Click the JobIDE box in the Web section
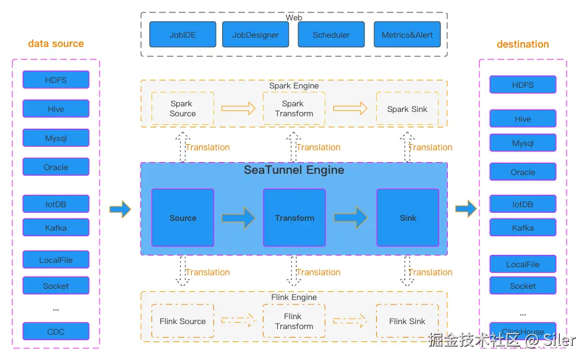click(182, 35)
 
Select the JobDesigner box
click(255, 35)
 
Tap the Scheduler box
click(331, 35)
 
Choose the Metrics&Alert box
click(407, 35)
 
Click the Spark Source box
click(182, 108)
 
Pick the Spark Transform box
click(294, 108)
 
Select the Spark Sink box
click(407, 109)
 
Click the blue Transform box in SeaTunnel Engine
click(294, 218)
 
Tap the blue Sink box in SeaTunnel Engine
click(408, 218)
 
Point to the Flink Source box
click(182, 321)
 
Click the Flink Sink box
click(407, 321)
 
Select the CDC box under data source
click(56, 332)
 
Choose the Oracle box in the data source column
click(56, 167)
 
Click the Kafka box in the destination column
click(523, 228)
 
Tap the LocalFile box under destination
click(523, 264)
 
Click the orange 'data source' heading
click(56, 44)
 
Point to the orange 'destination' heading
click(523, 45)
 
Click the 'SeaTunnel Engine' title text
click(294, 170)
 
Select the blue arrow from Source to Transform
click(238, 218)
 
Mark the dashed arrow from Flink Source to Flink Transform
click(238, 320)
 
